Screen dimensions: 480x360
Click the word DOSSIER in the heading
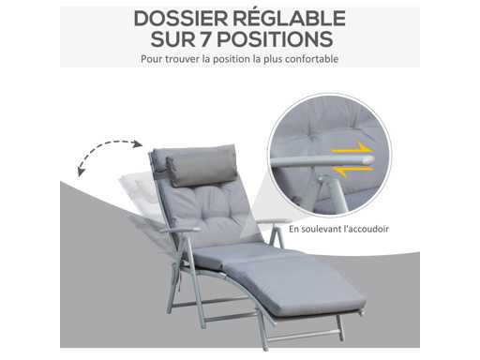click(x=181, y=19)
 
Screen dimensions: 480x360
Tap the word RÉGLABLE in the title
click(x=290, y=19)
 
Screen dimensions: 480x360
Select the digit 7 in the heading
click(x=205, y=39)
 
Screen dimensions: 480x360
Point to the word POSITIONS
click(x=275, y=39)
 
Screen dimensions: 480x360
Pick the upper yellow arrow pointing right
click(x=353, y=149)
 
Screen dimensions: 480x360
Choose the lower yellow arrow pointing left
click(x=352, y=171)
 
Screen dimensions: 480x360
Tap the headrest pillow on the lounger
click(x=201, y=165)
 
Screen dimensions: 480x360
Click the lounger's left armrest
click(x=181, y=230)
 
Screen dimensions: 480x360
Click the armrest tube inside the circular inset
click(x=322, y=161)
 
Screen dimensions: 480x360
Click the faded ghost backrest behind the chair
click(x=139, y=195)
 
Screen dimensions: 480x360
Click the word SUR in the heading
click(x=172, y=39)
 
